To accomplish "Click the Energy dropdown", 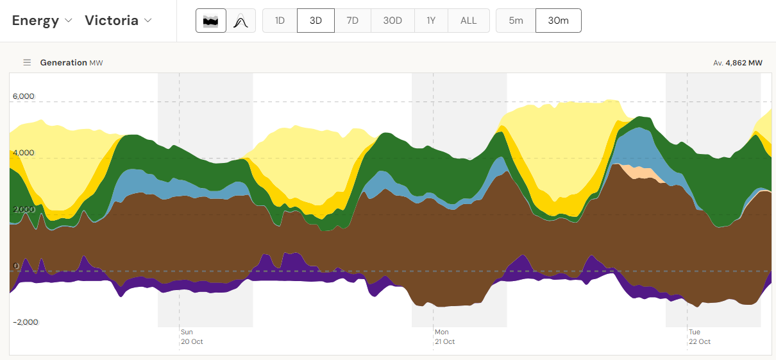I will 42,21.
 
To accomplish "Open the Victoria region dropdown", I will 119,21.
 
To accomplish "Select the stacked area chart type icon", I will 211,21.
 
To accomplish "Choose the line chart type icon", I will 240,21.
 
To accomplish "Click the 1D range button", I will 280,21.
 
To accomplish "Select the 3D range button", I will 316,21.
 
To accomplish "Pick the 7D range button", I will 353,21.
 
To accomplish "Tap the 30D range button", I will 392,21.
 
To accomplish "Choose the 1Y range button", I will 431,21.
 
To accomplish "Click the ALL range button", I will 469,21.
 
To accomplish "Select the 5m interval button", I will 516,21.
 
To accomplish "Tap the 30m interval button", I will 558,21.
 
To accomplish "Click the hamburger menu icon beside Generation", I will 27,63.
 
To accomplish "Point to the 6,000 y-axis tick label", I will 23,97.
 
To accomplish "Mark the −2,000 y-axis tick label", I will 25,322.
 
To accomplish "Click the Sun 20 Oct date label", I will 191,337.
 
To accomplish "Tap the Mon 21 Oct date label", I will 444,337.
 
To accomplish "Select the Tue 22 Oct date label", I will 699,337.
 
